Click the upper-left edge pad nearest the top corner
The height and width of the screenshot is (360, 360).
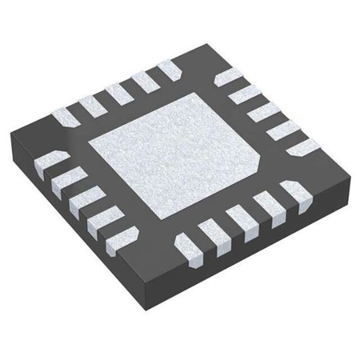(168, 69)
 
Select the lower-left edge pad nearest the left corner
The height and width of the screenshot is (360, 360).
(45, 160)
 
